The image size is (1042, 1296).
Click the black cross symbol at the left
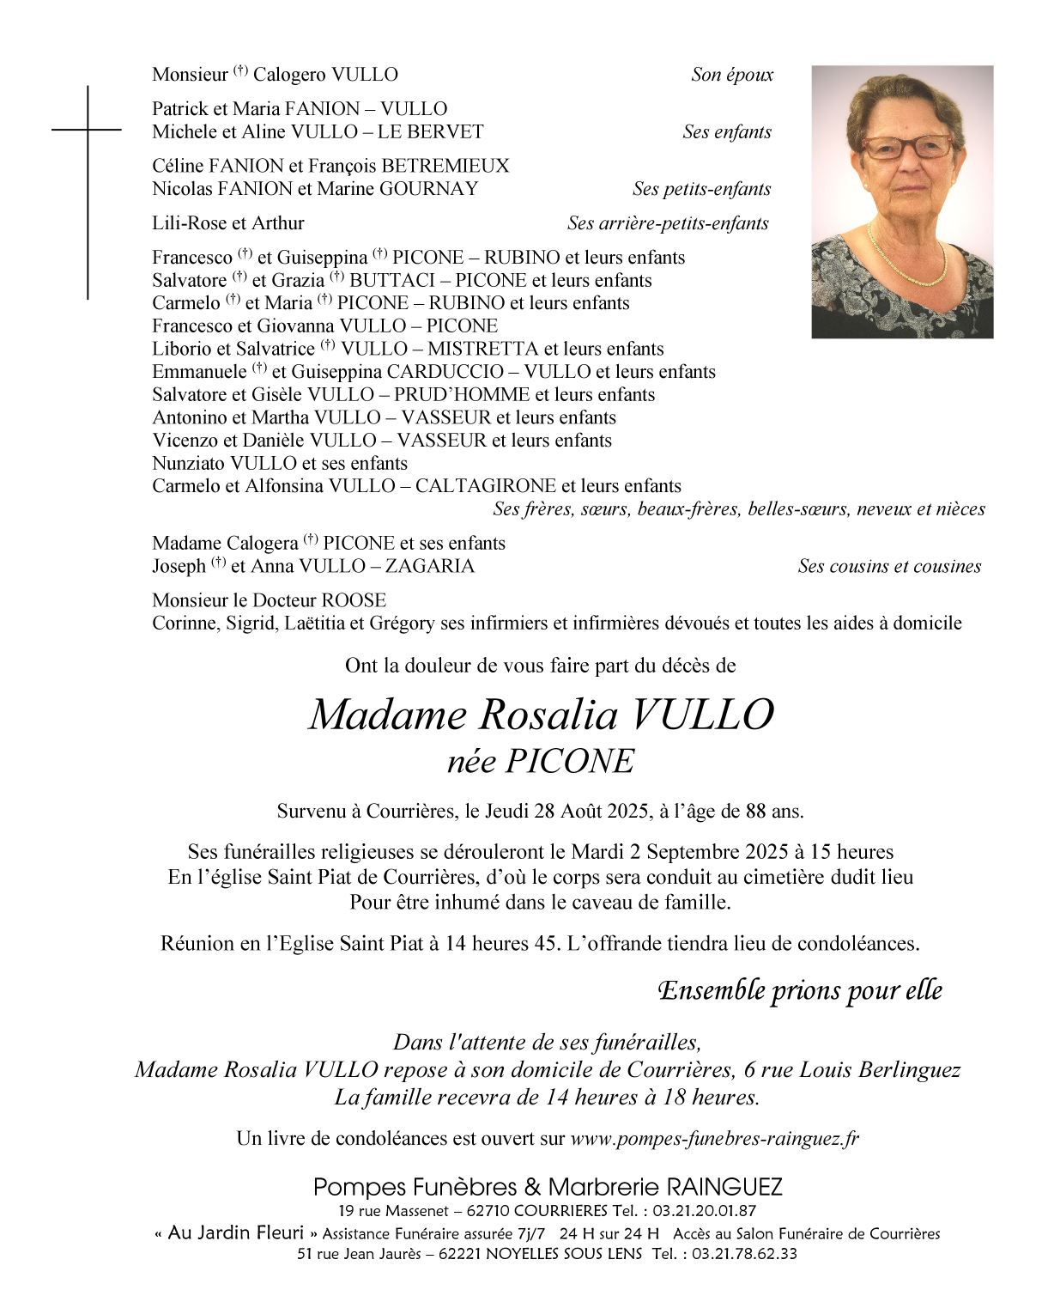[x=88, y=131]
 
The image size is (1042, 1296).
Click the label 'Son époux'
[x=732, y=75]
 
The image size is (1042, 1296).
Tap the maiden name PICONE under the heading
[x=570, y=762]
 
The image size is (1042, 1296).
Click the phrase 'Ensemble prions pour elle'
[x=800, y=990]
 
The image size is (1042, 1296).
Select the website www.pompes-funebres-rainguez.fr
[x=714, y=1139]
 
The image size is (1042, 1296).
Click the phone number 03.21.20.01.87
[x=704, y=1211]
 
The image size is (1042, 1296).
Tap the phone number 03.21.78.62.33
[x=744, y=1254]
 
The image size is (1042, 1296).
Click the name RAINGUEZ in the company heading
[x=724, y=1187]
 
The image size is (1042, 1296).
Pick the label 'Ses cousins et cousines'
[x=889, y=566]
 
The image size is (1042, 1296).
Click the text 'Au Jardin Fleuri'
[x=236, y=1233]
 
